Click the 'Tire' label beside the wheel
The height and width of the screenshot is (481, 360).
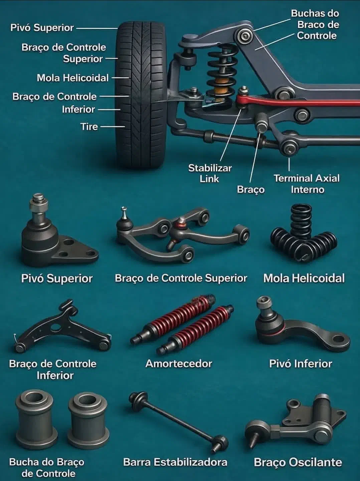(x=89, y=127)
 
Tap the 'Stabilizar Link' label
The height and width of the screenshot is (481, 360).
(x=210, y=174)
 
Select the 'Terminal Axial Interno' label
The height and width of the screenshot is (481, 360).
(x=307, y=184)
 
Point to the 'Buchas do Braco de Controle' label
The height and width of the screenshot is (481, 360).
(x=316, y=24)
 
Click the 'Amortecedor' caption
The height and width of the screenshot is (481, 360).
(x=179, y=363)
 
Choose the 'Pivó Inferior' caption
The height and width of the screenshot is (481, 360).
(x=301, y=363)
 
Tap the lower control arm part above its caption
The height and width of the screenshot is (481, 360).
(x=62, y=327)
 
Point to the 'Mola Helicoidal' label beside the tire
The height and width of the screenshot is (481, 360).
(x=73, y=78)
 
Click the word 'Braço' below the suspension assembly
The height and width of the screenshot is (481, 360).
(x=251, y=189)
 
